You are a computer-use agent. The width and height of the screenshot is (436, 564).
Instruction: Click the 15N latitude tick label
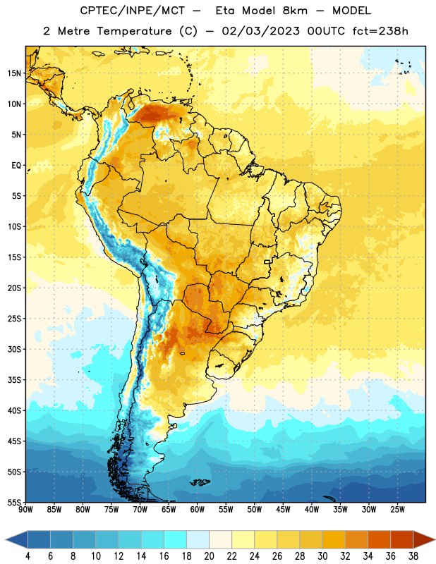[14, 73]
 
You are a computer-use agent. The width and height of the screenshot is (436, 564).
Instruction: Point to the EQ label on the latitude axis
[16, 166]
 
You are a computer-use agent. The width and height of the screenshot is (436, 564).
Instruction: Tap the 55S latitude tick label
[14, 502]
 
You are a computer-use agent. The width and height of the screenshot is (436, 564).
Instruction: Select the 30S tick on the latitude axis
[14, 349]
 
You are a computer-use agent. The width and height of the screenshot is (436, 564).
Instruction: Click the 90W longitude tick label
[25, 510]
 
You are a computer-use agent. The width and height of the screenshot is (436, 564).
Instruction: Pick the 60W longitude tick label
[198, 510]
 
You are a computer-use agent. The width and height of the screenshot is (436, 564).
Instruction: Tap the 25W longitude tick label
[397, 510]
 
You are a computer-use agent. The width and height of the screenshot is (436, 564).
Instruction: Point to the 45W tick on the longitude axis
[283, 510]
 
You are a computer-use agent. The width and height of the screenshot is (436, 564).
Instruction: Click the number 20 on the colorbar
[209, 556]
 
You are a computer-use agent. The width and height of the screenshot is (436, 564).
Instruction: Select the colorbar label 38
[413, 556]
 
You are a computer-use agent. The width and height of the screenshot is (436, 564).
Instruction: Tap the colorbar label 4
[28, 556]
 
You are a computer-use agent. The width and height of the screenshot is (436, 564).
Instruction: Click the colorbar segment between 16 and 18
[175, 539]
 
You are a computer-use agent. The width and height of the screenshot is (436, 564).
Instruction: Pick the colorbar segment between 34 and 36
[379, 539]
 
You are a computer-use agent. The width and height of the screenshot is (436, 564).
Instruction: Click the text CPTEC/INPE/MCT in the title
[133, 11]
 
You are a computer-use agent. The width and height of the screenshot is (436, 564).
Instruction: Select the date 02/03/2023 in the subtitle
[260, 31]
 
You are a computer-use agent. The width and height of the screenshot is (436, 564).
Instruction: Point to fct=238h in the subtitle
[380, 31]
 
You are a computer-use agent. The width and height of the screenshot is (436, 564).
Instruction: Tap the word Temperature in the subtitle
[134, 32]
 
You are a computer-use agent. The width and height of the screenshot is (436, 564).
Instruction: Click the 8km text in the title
[295, 11]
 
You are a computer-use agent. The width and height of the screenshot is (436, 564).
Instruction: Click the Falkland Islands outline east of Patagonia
[200, 482]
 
